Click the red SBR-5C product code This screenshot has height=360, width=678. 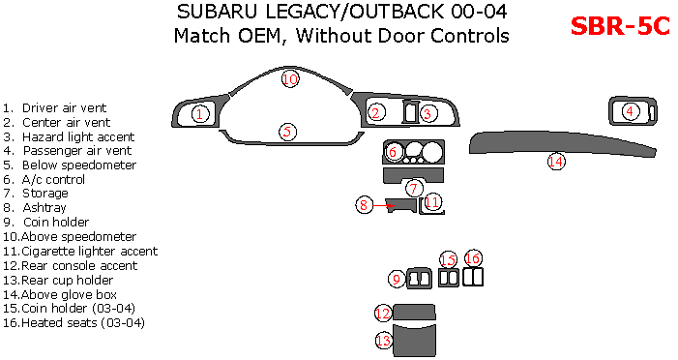620,26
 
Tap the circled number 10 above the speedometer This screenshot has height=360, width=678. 290,79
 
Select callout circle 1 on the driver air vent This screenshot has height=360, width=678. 199,114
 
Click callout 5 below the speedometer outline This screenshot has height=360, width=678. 287,132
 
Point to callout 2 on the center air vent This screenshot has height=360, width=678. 375,114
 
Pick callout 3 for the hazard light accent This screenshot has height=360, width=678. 427,114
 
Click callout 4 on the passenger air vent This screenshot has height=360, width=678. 630,111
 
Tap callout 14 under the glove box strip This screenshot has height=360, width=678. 555,162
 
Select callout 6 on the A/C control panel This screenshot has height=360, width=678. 393,152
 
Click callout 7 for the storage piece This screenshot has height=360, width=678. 414,188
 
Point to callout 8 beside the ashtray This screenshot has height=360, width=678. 364,204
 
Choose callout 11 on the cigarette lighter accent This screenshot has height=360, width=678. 432,202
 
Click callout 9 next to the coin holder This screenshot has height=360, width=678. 397,279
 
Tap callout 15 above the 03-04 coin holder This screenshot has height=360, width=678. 449,259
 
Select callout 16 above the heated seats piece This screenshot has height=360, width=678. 473,258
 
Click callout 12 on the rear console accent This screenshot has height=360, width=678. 384,313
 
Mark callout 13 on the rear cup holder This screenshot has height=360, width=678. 384,341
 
